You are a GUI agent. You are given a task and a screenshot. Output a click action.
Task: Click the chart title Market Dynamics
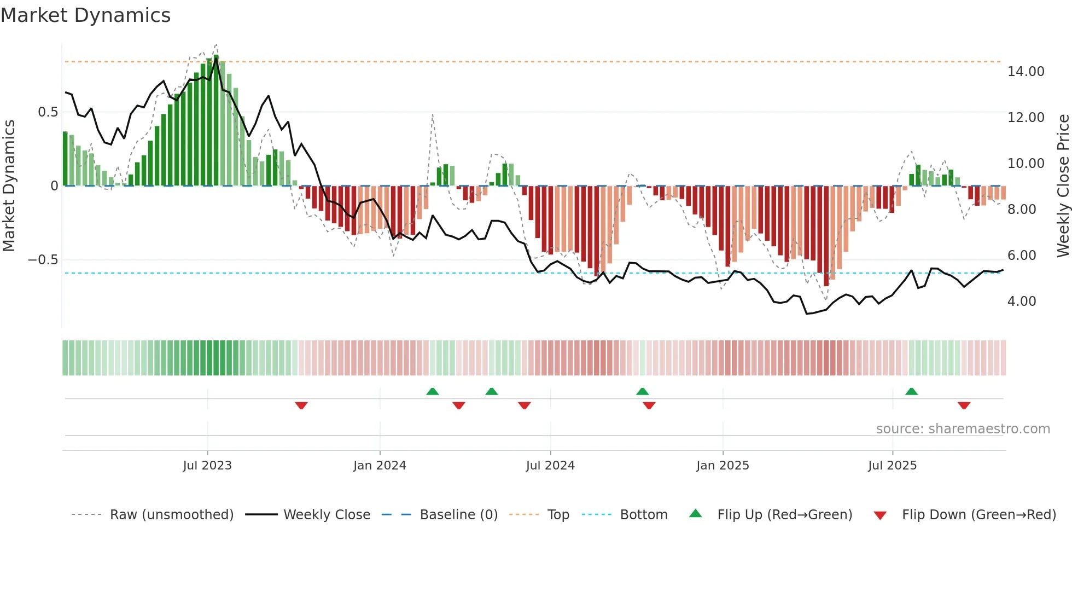(85, 15)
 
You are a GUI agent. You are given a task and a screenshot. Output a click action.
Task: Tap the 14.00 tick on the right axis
(1026, 72)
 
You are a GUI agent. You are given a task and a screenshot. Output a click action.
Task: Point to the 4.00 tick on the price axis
(1021, 301)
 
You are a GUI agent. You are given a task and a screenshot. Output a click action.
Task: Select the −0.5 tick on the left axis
(43, 260)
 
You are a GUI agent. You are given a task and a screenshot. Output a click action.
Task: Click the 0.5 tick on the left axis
(48, 112)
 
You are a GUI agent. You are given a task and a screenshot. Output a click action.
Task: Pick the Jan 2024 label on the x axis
(380, 466)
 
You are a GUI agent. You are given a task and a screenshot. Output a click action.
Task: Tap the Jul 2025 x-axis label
(892, 466)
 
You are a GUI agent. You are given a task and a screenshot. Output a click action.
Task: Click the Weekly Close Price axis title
(1063, 185)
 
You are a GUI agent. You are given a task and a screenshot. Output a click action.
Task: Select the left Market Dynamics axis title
(9, 185)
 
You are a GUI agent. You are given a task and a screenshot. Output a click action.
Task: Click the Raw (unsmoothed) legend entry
(171, 515)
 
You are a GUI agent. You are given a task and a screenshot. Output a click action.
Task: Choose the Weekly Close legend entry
(327, 515)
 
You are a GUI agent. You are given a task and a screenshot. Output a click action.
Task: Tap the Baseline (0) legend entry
(458, 515)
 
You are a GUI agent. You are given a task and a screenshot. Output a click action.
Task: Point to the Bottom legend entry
(643, 515)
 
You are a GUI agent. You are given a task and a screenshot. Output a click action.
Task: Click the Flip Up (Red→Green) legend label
(784, 515)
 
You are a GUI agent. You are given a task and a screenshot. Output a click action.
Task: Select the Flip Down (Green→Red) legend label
(978, 515)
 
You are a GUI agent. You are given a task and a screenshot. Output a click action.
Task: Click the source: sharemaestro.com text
(963, 429)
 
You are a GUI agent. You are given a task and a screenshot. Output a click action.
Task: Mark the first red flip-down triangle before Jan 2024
(301, 405)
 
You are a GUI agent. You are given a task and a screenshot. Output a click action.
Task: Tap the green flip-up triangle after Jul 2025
(911, 391)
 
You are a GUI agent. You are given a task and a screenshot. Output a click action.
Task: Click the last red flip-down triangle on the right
(964, 405)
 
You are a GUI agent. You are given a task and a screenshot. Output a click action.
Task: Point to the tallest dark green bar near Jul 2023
(216, 120)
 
